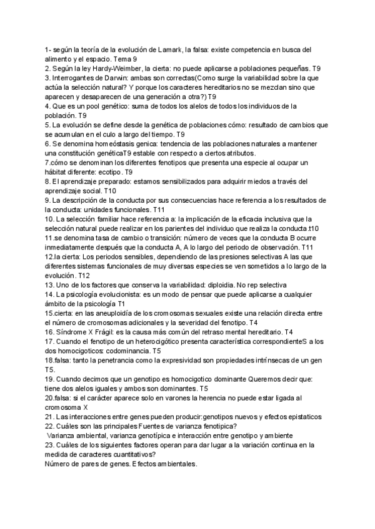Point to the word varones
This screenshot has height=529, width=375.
161,397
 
